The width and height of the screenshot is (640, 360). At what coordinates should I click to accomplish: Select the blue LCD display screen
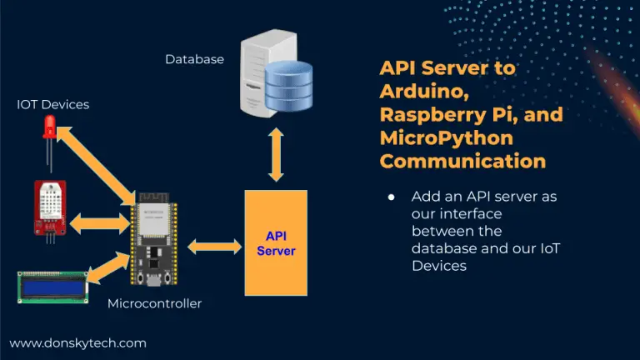point(53,287)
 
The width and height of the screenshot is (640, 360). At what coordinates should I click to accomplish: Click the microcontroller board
point(154,239)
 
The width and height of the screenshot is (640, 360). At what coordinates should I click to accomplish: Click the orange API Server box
point(276,242)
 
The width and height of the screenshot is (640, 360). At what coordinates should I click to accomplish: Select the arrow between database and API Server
point(276,155)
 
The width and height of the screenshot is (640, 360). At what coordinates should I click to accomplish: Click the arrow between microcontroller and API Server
point(215,247)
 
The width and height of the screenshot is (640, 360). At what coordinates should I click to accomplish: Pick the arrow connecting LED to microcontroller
point(97,165)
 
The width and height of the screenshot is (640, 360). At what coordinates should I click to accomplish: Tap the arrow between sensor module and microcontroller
point(100,223)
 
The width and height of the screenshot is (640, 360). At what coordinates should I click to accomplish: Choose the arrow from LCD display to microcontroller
point(108,267)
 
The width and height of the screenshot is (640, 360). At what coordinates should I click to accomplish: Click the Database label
point(195,60)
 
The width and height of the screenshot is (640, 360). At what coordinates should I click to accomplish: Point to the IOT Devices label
point(53,104)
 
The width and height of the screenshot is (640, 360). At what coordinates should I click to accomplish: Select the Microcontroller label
point(155,303)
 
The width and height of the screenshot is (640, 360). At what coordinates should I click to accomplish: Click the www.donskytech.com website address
point(78,343)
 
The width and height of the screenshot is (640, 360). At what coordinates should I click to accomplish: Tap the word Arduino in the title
point(424,92)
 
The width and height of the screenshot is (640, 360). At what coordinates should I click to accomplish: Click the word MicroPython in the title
point(447,138)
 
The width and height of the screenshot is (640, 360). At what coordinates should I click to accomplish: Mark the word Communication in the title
point(462,161)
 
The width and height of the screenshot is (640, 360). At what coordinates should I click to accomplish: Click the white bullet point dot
point(392,197)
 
